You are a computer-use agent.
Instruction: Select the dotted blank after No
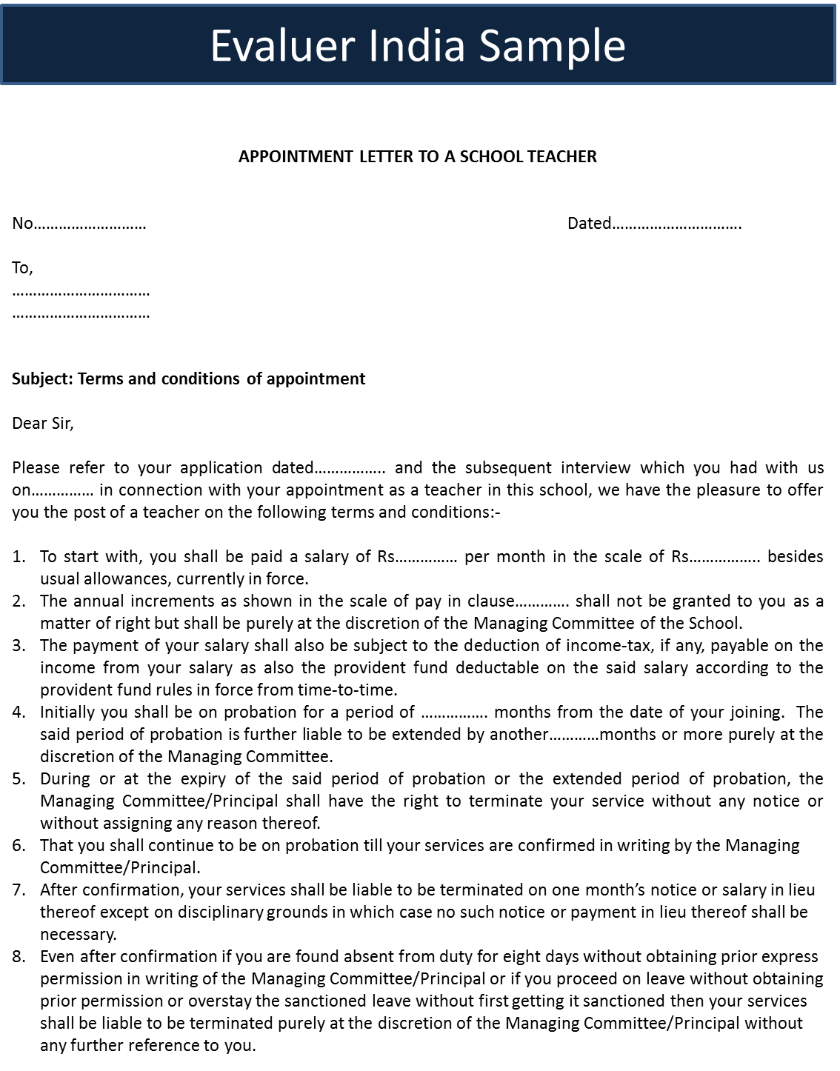[x=90, y=224]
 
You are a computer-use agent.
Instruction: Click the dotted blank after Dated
[x=677, y=224]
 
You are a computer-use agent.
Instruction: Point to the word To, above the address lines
[x=22, y=268]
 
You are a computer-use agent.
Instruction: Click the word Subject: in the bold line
[x=42, y=379]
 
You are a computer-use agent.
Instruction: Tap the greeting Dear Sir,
[x=43, y=424]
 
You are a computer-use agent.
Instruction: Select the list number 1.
[x=19, y=557]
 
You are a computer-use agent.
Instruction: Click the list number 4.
[x=19, y=713]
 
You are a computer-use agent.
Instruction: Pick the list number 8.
[x=19, y=957]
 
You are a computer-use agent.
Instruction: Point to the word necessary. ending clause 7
[x=78, y=935]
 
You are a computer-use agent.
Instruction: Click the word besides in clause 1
[x=795, y=557]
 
